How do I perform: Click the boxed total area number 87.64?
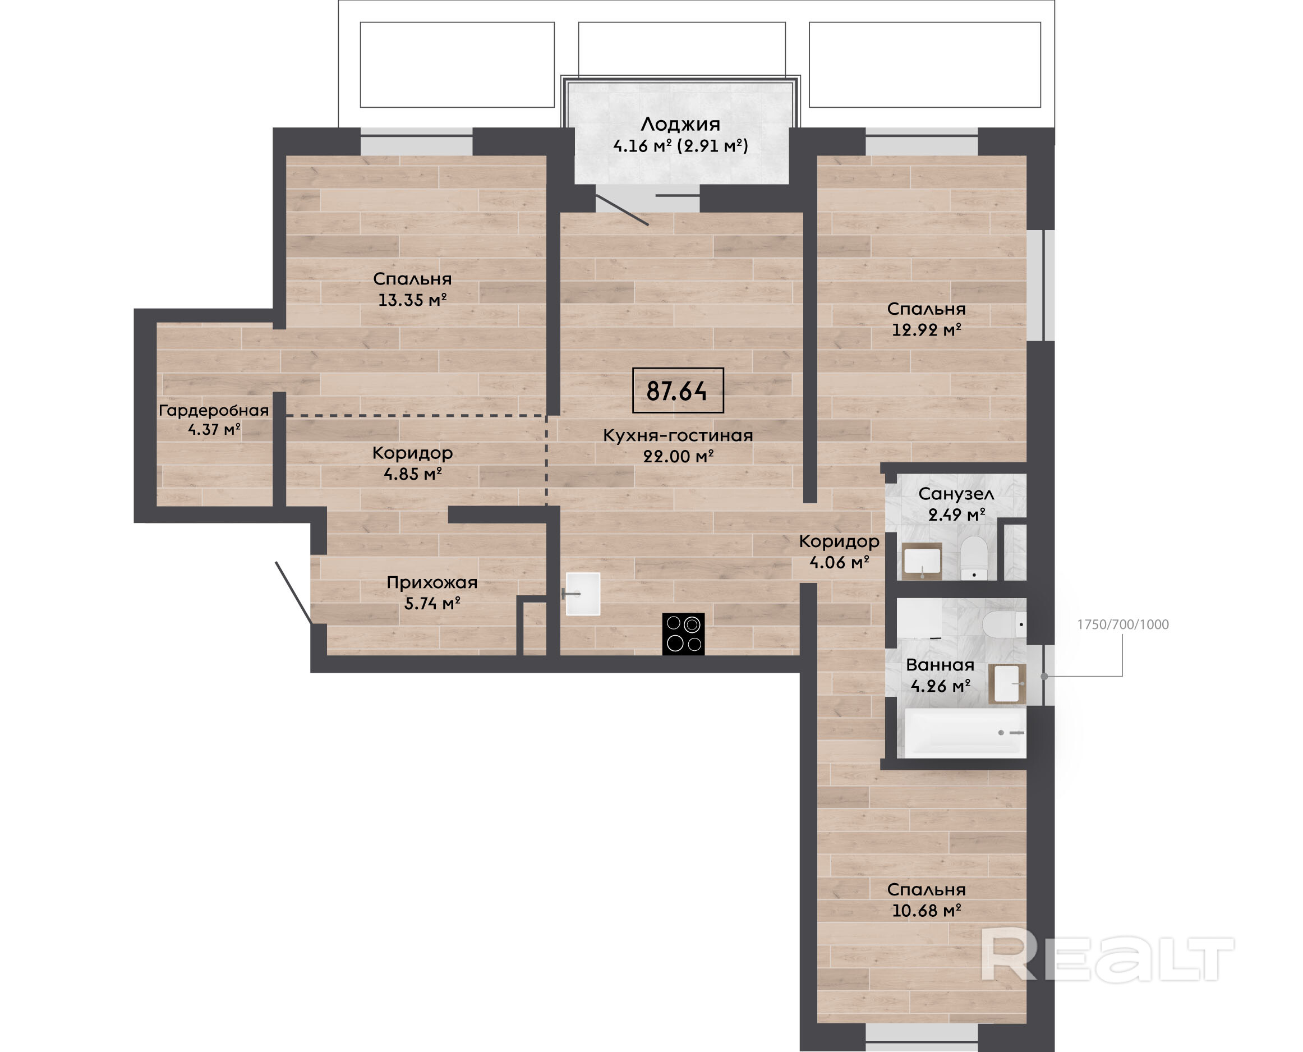coord(677,391)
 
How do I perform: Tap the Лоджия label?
coord(680,124)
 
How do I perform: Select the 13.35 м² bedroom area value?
coord(412,300)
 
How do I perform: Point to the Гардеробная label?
coord(214,410)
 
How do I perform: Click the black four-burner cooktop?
coord(683,634)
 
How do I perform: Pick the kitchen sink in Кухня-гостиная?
coord(582,594)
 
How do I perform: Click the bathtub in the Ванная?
coord(965,732)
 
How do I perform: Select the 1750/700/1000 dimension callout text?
coord(1123,624)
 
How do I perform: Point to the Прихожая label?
coord(432,583)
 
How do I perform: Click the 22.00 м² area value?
coord(679,456)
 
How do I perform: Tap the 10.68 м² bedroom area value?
coord(927,910)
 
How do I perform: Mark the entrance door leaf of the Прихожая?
coord(294,592)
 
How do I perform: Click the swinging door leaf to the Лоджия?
coord(622,210)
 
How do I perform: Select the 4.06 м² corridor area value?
coord(840,562)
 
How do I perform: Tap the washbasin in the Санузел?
coord(922,561)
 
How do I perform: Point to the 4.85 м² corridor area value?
coord(412,474)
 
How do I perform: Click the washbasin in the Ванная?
coord(1007,683)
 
